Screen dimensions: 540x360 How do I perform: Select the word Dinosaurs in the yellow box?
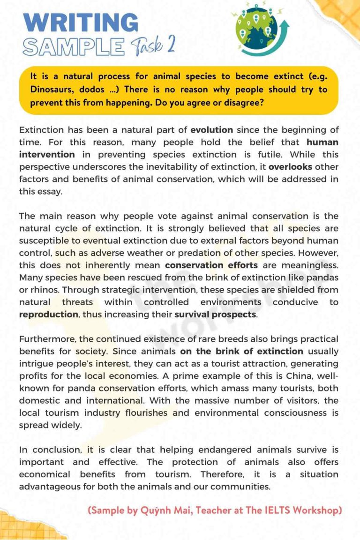tap(51, 89)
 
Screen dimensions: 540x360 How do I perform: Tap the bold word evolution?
tap(212, 130)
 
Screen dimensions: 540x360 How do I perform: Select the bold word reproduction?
tap(48, 315)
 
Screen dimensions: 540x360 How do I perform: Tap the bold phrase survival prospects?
tap(216, 315)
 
